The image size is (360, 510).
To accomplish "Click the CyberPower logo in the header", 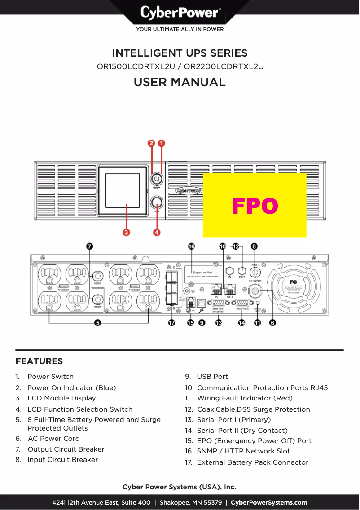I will pyautogui.click(x=180, y=12).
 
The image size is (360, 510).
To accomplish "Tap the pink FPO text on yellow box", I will pyautogui.click(x=255, y=206).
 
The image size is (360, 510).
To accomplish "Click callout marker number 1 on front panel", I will pyautogui.click(x=161, y=143).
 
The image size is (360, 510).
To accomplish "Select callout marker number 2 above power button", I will pyautogui.click(x=152, y=143).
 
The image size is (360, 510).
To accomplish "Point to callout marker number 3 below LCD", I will pyautogui.click(x=127, y=232).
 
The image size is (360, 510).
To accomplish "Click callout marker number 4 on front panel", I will pyautogui.click(x=157, y=232).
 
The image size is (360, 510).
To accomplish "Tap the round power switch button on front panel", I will pyautogui.click(x=156, y=179).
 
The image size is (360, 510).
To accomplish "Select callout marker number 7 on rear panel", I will pyautogui.click(x=89, y=246).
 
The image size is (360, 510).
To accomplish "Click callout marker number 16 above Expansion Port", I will pyautogui.click(x=192, y=246).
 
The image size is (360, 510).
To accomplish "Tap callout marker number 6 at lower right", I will pyautogui.click(x=272, y=322).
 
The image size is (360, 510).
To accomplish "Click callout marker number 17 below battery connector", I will pyautogui.click(x=171, y=322).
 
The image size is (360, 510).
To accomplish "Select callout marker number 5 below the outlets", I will pyautogui.click(x=97, y=322).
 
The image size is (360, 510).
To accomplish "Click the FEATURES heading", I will pyautogui.click(x=39, y=361).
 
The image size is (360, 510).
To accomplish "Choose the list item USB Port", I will pyautogui.click(x=212, y=377).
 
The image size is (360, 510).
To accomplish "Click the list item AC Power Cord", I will pyautogui.click(x=53, y=439).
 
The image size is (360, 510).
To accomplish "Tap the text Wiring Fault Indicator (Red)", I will pyautogui.click(x=245, y=398).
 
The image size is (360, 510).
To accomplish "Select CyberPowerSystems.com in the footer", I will pyautogui.click(x=269, y=502).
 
